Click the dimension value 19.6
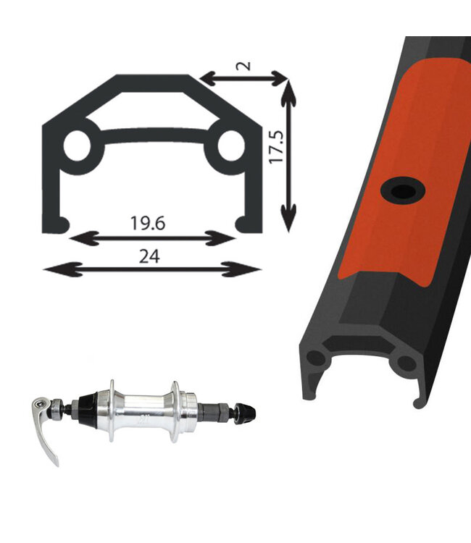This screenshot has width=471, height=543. (x=149, y=223)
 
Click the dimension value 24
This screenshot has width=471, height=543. (x=151, y=256)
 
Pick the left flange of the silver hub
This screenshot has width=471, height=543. (x=112, y=410)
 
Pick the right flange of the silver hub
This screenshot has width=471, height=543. (x=175, y=410)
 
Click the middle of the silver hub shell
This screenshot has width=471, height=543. (x=143, y=411)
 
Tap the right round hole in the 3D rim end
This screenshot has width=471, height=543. (x=407, y=363)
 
